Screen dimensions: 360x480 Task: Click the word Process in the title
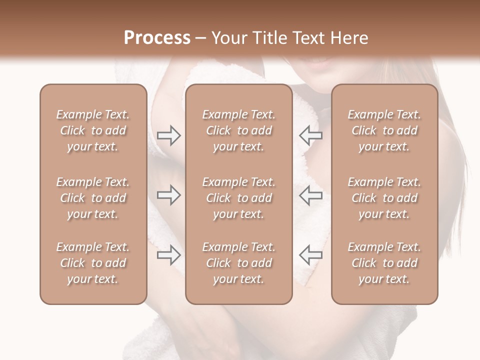point(157,38)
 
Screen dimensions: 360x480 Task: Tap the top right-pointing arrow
point(169,135)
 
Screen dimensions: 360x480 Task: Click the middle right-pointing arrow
point(169,195)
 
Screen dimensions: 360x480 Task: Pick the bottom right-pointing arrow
point(169,255)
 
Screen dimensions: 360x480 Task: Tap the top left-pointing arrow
point(310,135)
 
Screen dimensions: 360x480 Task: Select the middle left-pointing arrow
point(310,195)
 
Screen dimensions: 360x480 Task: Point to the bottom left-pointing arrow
point(310,255)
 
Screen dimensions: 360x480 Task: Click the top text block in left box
point(93,130)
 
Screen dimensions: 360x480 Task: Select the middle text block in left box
point(93,198)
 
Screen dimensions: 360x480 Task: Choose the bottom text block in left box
point(93,263)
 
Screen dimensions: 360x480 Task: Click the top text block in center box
point(238,130)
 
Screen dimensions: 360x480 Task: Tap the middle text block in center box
point(238,198)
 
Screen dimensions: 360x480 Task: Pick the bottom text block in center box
point(238,263)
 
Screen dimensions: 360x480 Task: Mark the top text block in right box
point(384,130)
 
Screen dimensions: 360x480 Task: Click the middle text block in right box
point(384,198)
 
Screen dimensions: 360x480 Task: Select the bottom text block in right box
point(384,263)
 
